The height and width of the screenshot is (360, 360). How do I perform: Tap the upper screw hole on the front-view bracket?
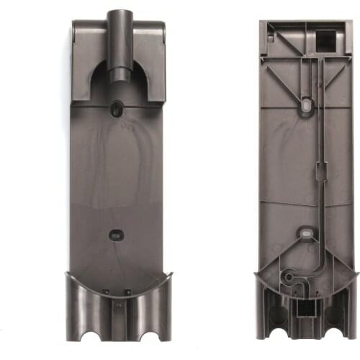click(x=116, y=110)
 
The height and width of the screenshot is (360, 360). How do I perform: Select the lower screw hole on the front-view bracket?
click(x=115, y=234)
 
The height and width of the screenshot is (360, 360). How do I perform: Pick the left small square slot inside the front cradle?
click(x=105, y=291)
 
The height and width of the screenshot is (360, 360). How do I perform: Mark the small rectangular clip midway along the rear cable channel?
click(x=322, y=172)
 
